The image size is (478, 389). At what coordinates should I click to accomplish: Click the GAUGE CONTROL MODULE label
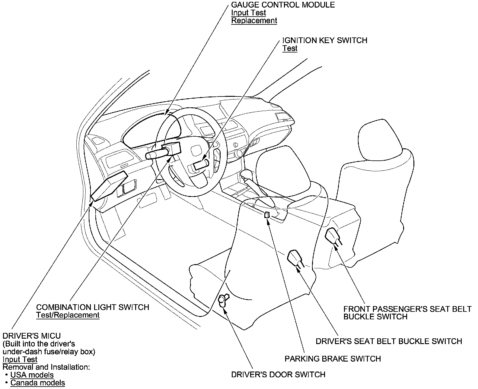pyautogui.click(x=283, y=5)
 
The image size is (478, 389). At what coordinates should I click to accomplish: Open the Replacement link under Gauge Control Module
pyautogui.click(x=254, y=21)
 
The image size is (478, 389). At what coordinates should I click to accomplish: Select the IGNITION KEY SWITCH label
pyautogui.click(x=325, y=40)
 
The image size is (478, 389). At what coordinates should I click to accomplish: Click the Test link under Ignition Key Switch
pyautogui.click(x=290, y=49)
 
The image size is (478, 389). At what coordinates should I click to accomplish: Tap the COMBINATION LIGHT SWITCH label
pyautogui.click(x=93, y=307)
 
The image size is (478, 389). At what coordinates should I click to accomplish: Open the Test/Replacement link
pyautogui.click(x=68, y=315)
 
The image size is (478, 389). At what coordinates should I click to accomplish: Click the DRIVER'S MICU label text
pyautogui.click(x=32, y=336)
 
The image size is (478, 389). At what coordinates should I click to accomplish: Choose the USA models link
pyautogui.click(x=32, y=375)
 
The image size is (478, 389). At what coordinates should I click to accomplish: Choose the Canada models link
pyautogui.click(x=38, y=383)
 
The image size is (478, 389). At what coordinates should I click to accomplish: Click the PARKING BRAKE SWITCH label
pyautogui.click(x=333, y=359)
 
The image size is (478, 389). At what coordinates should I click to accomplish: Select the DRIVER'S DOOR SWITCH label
pyautogui.click(x=278, y=375)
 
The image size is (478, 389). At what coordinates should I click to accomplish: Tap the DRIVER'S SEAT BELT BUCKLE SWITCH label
pyautogui.click(x=389, y=341)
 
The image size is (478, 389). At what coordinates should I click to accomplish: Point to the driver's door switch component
pyautogui.click(x=223, y=300)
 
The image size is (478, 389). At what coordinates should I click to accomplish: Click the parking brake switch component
pyautogui.click(x=267, y=215)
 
